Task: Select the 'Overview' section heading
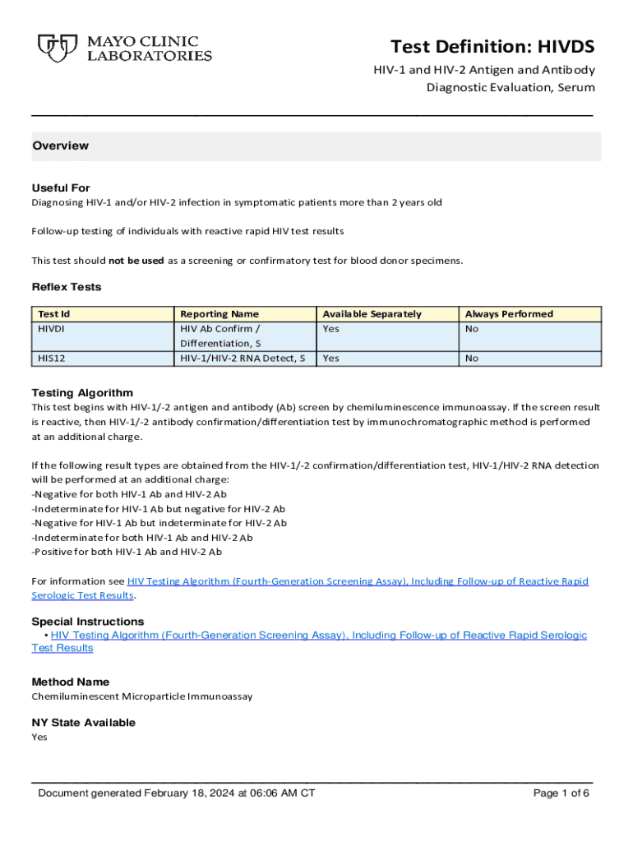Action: click(60, 146)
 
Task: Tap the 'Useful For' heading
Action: click(61, 187)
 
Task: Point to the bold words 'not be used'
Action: click(136, 261)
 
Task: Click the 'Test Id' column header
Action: click(54, 314)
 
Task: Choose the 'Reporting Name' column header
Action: click(219, 314)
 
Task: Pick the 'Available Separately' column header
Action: click(372, 314)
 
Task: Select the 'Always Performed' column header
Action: click(509, 314)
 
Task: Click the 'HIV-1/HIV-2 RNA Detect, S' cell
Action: click(243, 359)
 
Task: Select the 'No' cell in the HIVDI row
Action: click(472, 329)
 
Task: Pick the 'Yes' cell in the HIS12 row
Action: click(330, 359)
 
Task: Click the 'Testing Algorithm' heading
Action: click(82, 393)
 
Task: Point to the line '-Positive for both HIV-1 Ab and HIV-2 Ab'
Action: click(127, 552)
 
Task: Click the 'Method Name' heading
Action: click(70, 682)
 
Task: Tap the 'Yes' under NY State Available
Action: click(39, 738)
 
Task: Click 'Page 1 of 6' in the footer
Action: click(561, 793)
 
